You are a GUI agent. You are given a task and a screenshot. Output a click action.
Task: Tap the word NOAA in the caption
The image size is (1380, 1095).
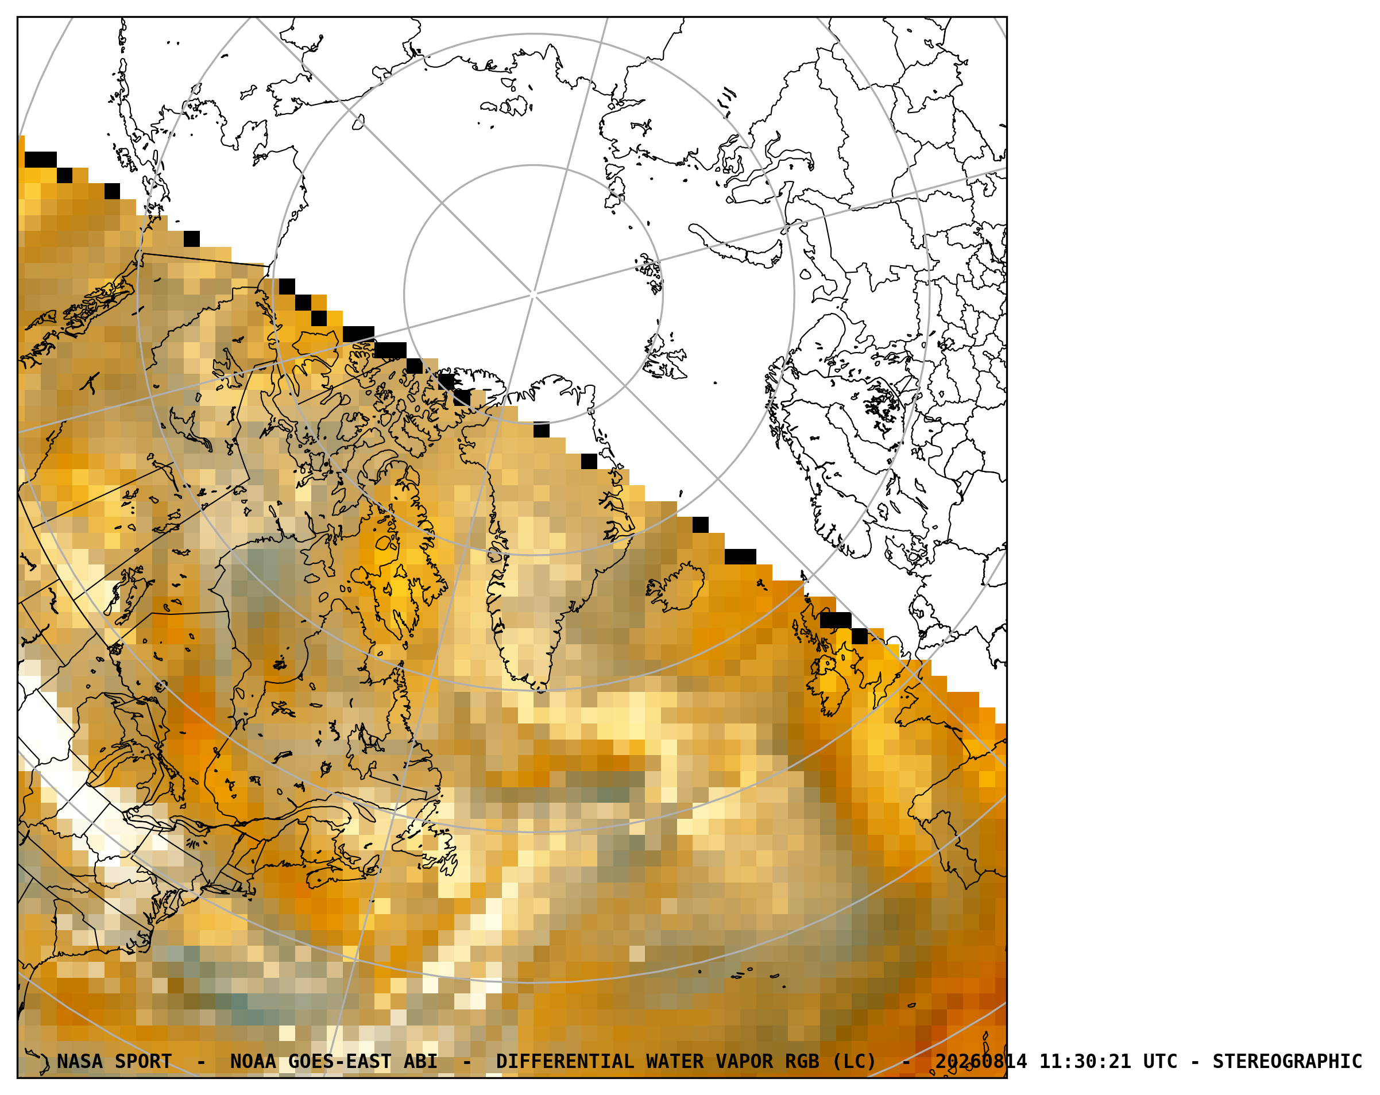tap(253, 1062)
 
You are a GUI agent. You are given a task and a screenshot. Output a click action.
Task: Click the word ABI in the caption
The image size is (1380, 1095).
tap(420, 1062)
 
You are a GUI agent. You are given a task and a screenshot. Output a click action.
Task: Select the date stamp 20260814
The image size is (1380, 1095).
tap(981, 1062)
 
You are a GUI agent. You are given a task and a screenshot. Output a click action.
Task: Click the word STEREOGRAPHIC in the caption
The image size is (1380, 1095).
tap(1287, 1062)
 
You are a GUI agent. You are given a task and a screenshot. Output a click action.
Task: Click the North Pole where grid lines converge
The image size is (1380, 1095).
tap(533, 295)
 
